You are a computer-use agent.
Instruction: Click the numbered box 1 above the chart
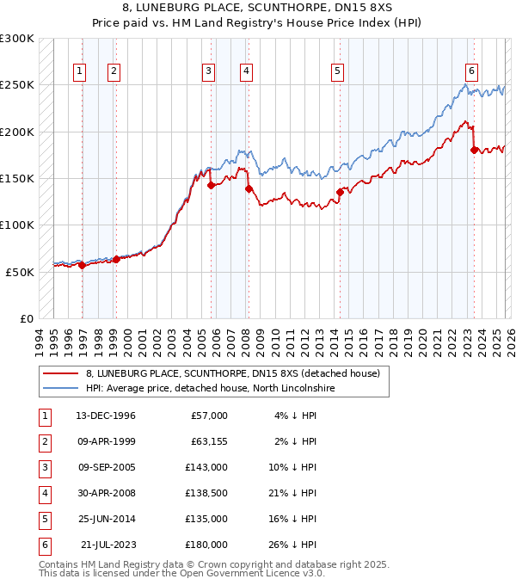[x=79, y=71]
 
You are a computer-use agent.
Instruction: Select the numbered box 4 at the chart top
[x=246, y=71]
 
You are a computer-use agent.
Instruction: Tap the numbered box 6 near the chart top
[x=471, y=71]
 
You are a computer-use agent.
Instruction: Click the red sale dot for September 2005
[x=211, y=184]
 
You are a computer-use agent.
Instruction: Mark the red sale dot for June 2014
[x=340, y=192]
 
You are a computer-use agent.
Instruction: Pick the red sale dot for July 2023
[x=474, y=150]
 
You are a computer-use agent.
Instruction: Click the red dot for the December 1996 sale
[x=83, y=265]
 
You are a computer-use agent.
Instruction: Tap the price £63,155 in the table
[x=206, y=441]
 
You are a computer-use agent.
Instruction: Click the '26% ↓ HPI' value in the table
[x=292, y=545]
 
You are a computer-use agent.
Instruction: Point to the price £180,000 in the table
[x=206, y=545]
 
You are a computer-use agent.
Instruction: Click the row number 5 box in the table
[x=42, y=519]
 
